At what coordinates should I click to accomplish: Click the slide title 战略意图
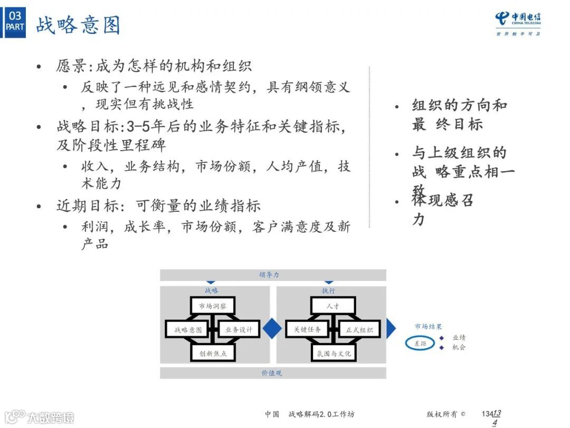tap(78, 25)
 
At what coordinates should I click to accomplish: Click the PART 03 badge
tap(15, 21)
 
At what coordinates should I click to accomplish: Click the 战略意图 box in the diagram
tap(188, 330)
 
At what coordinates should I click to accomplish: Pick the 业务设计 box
tap(239, 330)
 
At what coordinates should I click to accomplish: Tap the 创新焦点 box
tap(212, 353)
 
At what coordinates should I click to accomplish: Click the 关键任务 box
tap(307, 330)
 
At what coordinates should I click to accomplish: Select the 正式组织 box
tap(359, 330)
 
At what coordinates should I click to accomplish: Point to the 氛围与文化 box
tap(333, 353)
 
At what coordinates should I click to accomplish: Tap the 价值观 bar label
tap(272, 373)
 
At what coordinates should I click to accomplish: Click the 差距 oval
tap(420, 343)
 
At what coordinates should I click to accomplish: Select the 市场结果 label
tap(428, 327)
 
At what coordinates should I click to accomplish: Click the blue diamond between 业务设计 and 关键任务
tap(272, 329)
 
